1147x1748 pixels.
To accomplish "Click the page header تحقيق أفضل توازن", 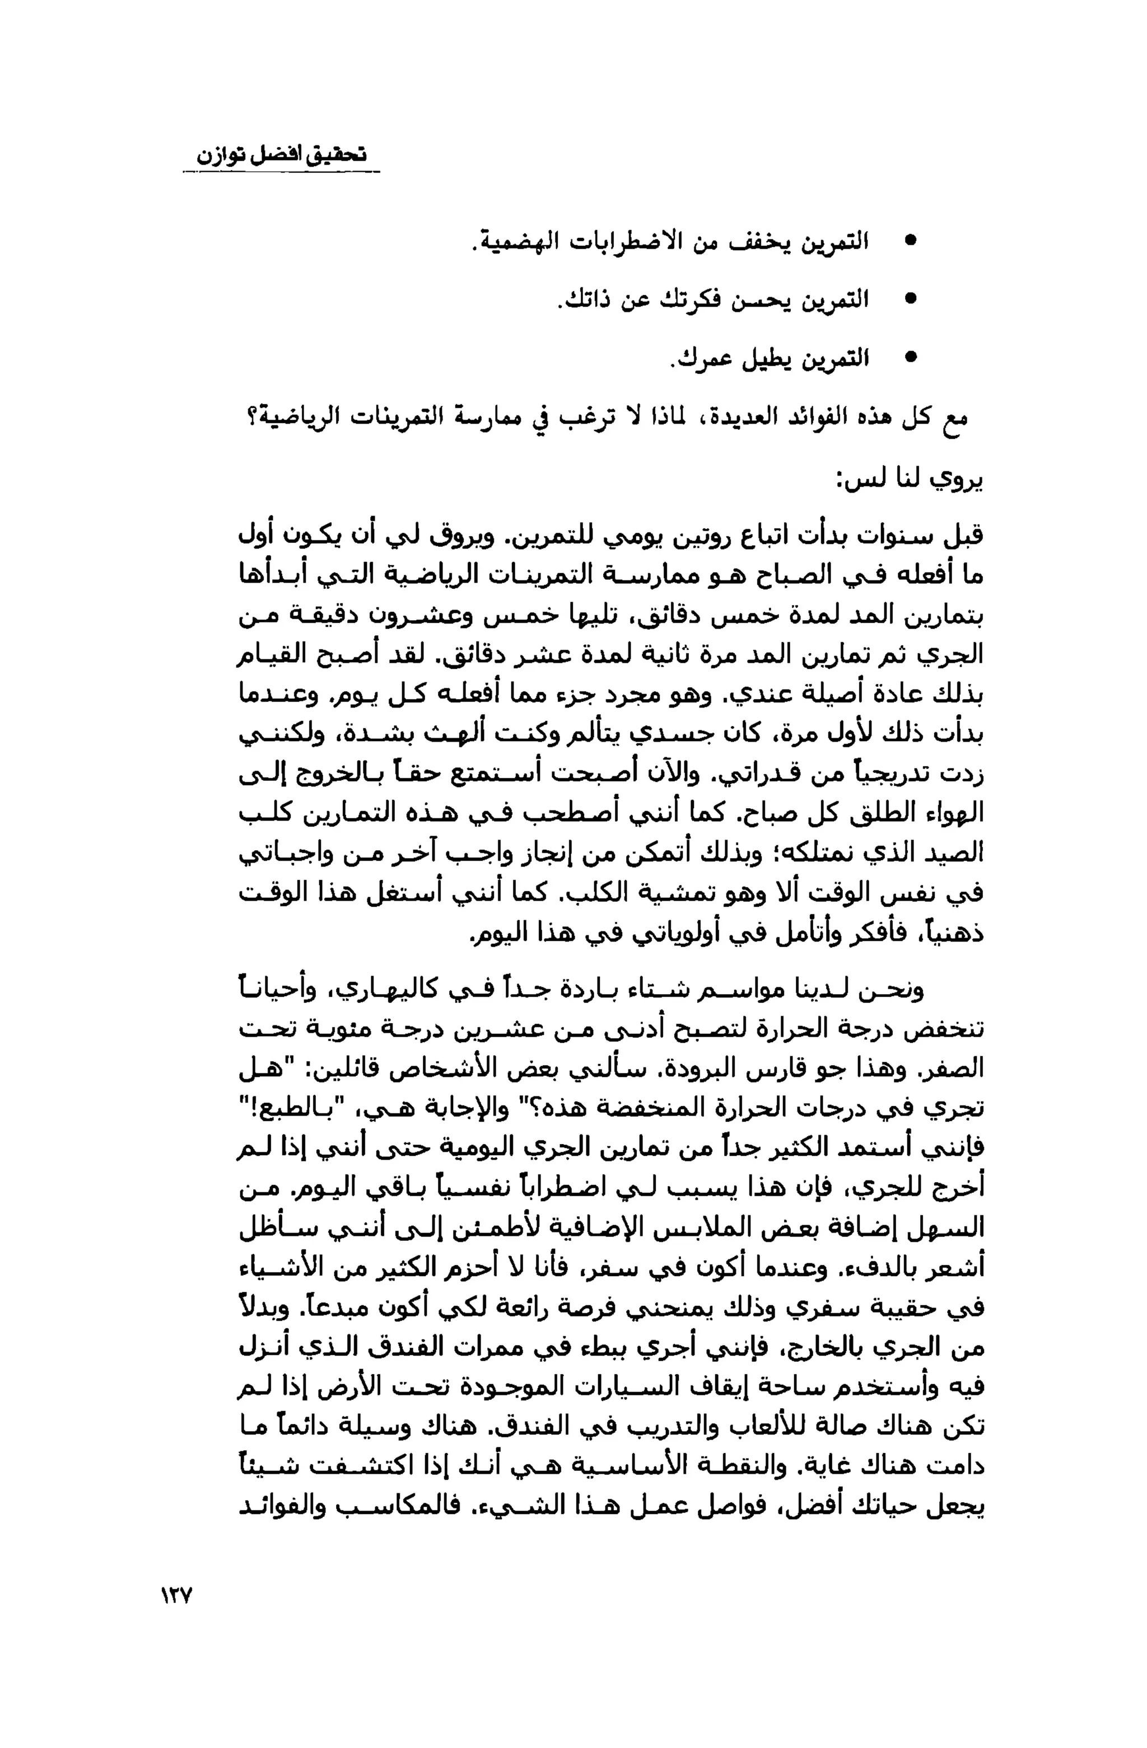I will [281, 155].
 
